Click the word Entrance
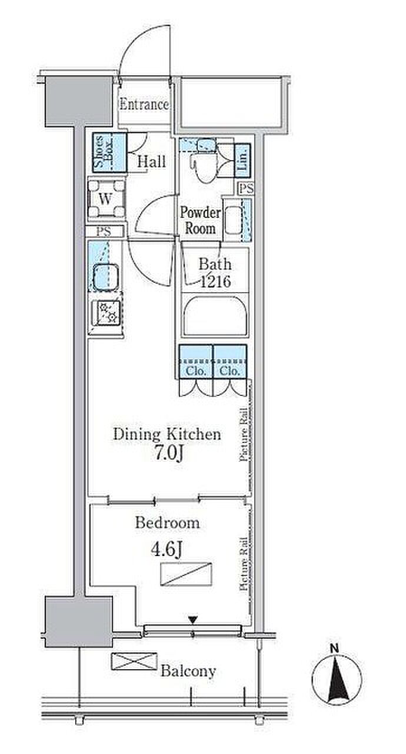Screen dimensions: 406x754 pyautogui.click(x=144, y=104)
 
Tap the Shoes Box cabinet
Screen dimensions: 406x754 pyautogui.click(x=109, y=153)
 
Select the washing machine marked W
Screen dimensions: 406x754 pyautogui.click(x=106, y=199)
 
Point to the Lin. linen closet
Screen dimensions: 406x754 pyautogui.click(x=242, y=160)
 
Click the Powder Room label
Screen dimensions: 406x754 pyautogui.click(x=200, y=220)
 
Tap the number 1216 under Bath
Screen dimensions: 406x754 pyautogui.click(x=215, y=281)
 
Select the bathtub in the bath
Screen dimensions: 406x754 pyautogui.click(x=215, y=315)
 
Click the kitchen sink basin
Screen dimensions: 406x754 pyautogui.click(x=105, y=277)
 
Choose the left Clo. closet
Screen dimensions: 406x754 pyautogui.click(x=195, y=362)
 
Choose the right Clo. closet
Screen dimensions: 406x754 pyautogui.click(x=230, y=362)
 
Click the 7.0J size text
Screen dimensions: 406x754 pyautogui.click(x=169, y=454)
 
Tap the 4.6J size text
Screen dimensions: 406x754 pyautogui.click(x=167, y=550)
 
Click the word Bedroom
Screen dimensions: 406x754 pyautogui.click(x=167, y=522)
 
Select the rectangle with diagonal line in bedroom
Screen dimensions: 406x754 pyautogui.click(x=186, y=574)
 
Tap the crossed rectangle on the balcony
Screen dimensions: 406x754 pyautogui.click(x=134, y=661)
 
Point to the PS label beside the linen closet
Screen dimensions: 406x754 pyautogui.click(x=247, y=188)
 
